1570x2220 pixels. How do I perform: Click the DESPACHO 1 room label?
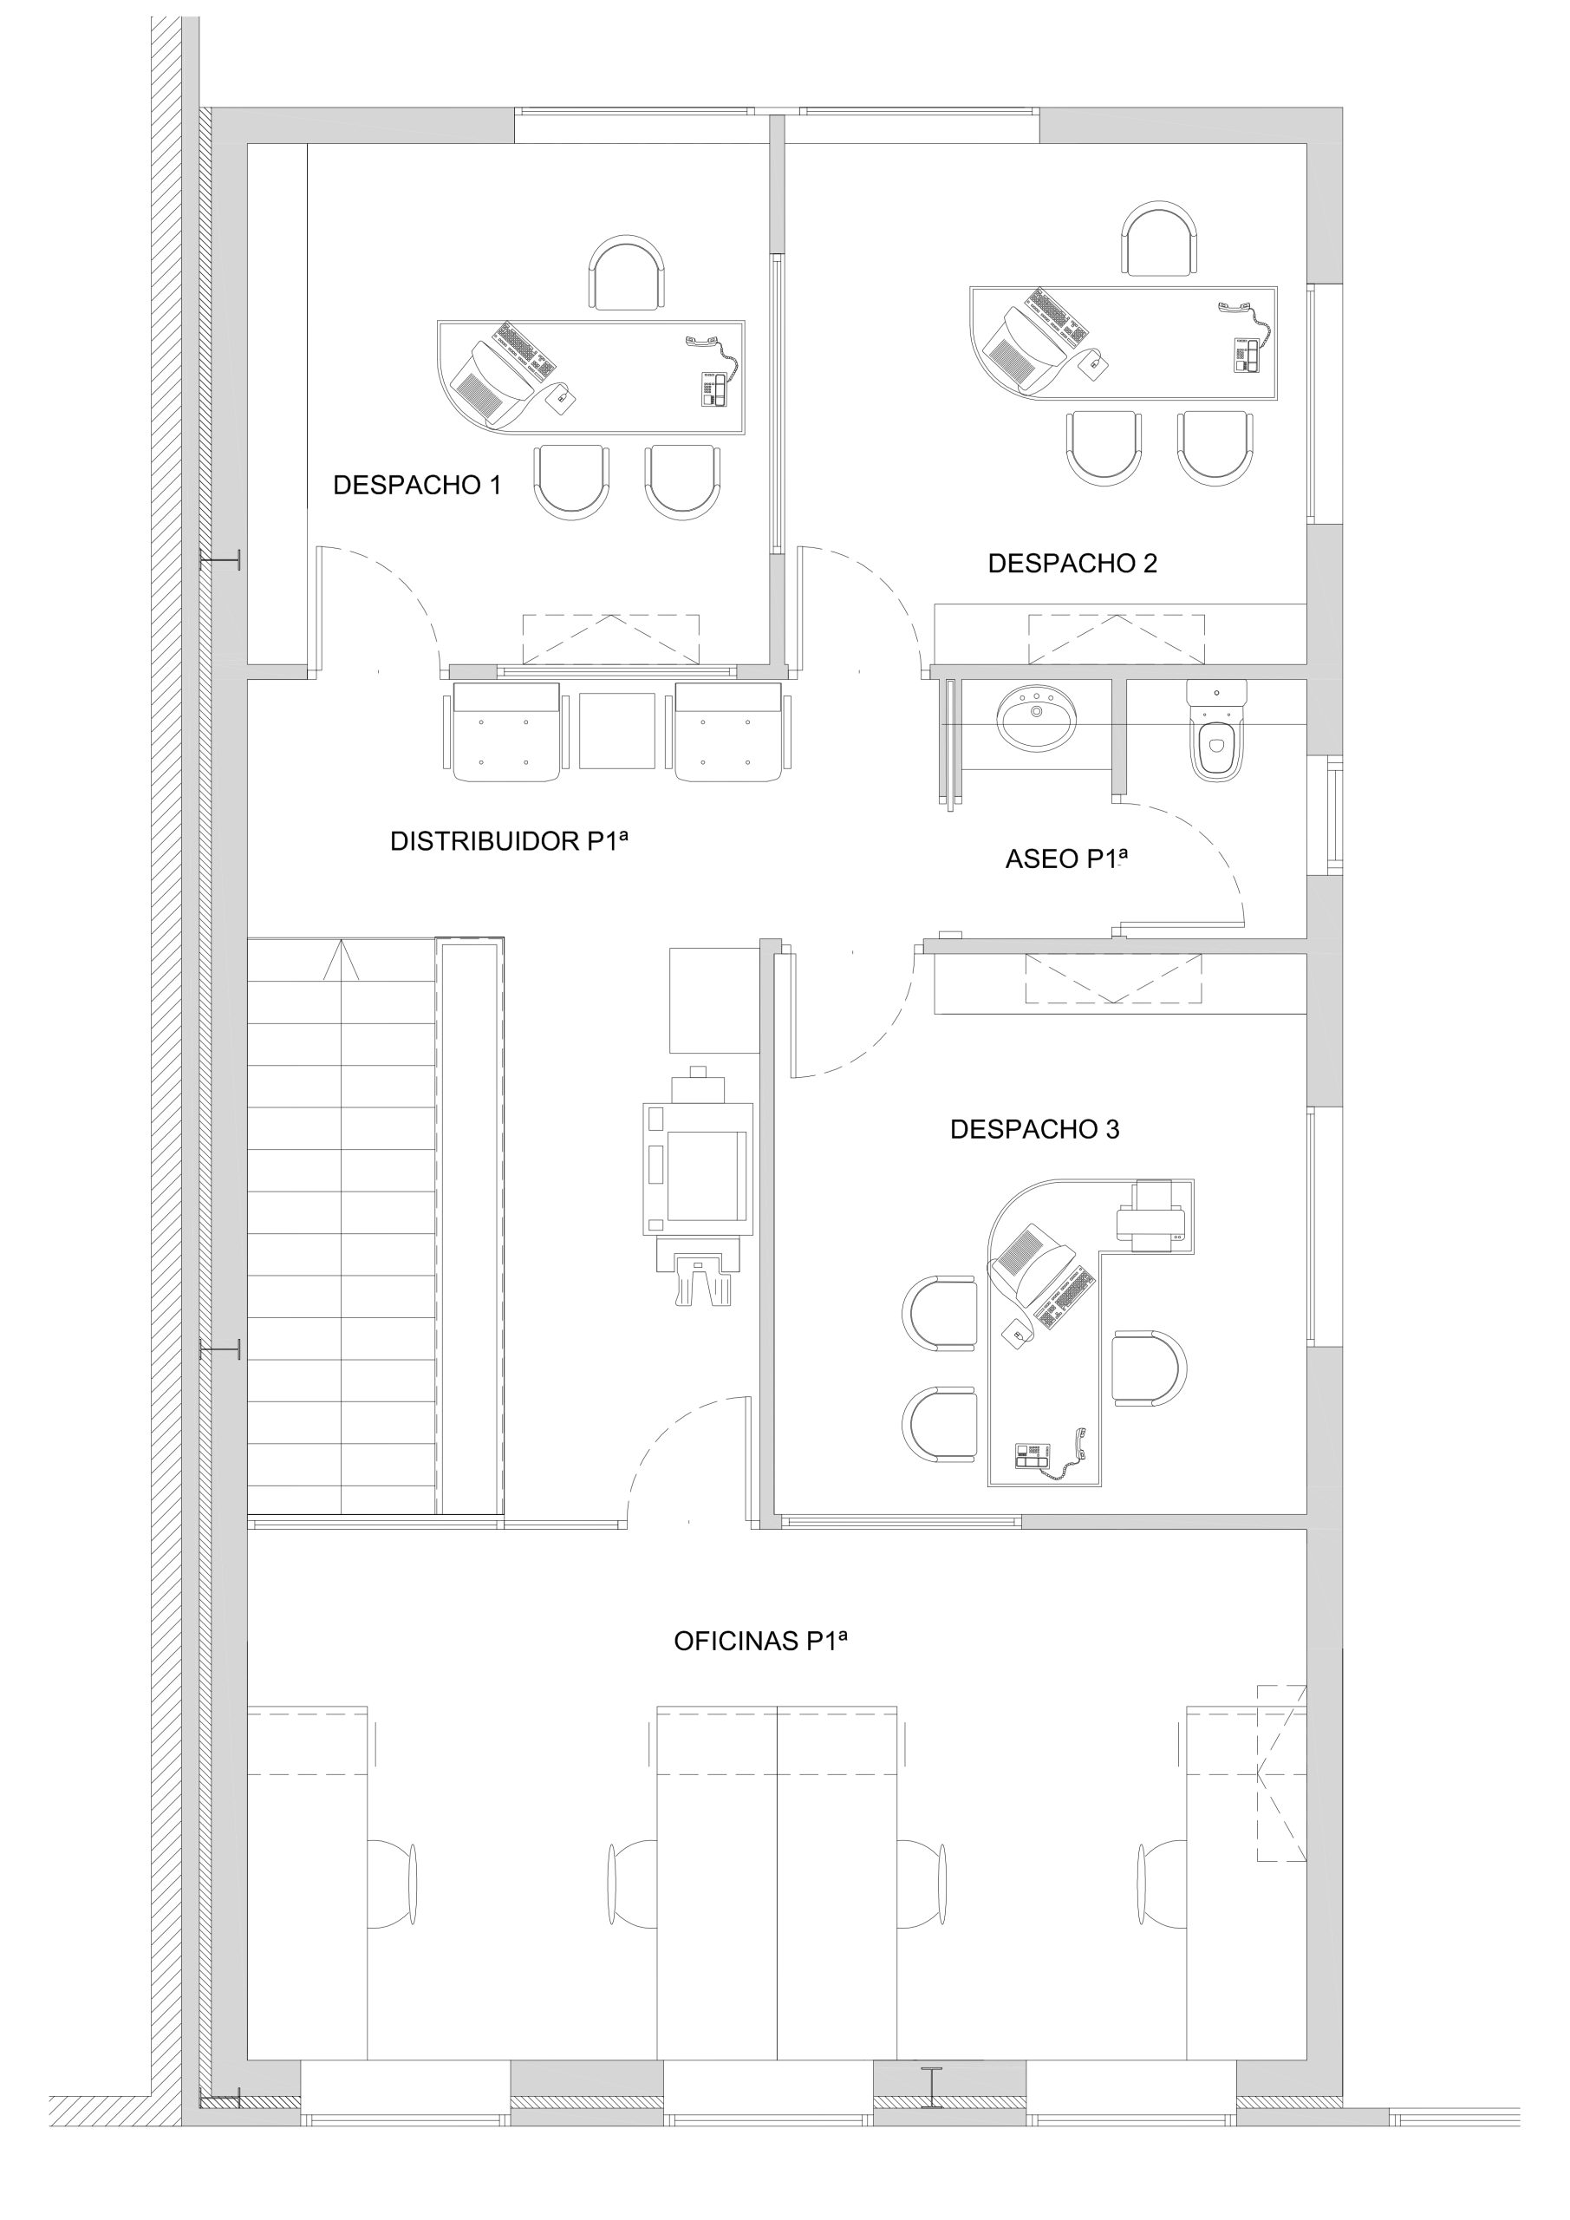[417, 486]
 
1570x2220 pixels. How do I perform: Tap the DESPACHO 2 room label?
[1072, 564]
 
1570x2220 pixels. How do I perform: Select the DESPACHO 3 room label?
[1034, 1129]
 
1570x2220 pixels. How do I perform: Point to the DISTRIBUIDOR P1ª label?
[510, 841]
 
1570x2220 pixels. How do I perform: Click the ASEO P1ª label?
[1067, 859]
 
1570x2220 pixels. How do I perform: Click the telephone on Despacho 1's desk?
[713, 373]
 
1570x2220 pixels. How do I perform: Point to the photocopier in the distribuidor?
[698, 1185]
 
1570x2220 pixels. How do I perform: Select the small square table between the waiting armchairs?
[616, 731]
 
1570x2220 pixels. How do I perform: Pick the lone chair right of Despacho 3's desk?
[1150, 1368]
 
